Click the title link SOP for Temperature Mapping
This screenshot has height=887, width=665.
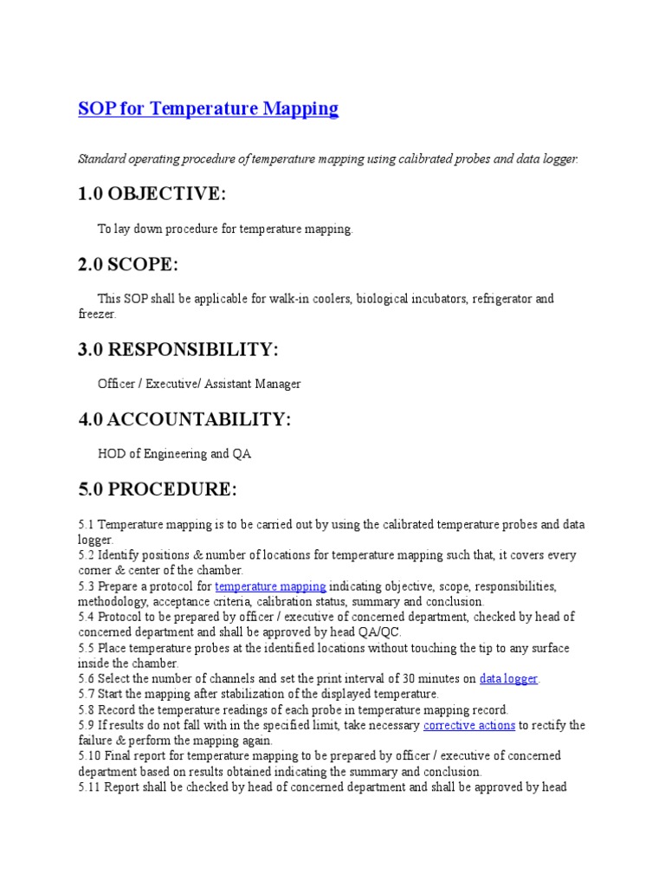[x=208, y=109]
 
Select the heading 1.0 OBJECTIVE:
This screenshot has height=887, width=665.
[x=152, y=194]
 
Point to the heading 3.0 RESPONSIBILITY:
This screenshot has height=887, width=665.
[x=178, y=350]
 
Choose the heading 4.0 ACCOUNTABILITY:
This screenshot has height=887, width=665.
[x=184, y=419]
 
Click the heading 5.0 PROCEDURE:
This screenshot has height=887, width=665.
[x=157, y=489]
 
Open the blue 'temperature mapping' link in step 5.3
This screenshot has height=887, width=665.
[x=270, y=586]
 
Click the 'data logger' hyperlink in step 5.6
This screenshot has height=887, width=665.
[x=509, y=679]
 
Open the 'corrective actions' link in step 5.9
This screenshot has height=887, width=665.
[x=469, y=726]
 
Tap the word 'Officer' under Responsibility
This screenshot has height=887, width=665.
[x=117, y=384]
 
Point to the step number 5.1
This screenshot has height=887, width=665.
[x=86, y=524]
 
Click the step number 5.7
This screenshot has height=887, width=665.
[x=86, y=695]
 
